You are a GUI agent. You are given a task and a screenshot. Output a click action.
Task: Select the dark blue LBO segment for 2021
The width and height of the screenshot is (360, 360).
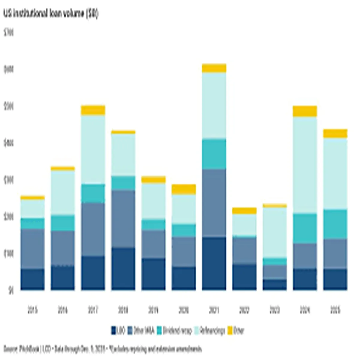(x=214, y=263)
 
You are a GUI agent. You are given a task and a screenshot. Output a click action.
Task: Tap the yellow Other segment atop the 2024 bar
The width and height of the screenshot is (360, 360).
(x=305, y=111)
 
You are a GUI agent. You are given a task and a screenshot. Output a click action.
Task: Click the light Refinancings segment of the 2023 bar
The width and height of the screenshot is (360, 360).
(x=274, y=232)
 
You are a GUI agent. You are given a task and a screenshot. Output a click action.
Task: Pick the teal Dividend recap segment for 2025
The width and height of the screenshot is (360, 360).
(x=335, y=224)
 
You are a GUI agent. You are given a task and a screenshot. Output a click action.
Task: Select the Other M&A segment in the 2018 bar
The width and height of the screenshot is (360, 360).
(x=123, y=219)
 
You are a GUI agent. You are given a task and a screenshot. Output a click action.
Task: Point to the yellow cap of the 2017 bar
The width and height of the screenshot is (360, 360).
(x=93, y=110)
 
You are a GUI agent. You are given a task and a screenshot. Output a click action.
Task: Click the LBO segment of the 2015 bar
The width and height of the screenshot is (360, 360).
(x=32, y=279)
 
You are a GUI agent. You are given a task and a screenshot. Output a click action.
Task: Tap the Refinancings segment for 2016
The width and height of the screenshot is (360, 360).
(x=63, y=193)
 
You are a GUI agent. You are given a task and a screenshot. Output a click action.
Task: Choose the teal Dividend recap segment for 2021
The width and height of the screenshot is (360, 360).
(x=214, y=154)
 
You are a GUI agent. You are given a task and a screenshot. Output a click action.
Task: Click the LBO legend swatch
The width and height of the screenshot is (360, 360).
(x=114, y=331)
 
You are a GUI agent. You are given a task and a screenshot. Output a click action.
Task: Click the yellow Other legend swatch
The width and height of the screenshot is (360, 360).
(x=230, y=331)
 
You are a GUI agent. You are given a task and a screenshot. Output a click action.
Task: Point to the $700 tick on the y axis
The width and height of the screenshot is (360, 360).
(x=9, y=33)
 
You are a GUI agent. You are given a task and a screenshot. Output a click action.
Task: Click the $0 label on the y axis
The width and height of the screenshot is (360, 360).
(x=11, y=290)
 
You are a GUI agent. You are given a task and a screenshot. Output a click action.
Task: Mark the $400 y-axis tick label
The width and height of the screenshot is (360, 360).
(x=9, y=143)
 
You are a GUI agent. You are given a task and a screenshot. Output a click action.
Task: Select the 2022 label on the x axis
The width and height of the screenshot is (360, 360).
(x=244, y=310)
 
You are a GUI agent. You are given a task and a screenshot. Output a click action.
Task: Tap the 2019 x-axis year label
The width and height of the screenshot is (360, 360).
(x=153, y=310)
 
